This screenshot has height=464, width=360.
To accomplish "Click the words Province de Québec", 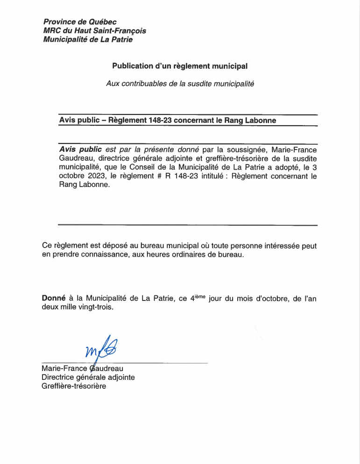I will pyautogui.click(x=80, y=22).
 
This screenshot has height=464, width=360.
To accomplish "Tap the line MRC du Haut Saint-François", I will pyautogui.click(x=94, y=31).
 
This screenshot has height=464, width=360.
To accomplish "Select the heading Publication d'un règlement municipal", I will pyautogui.click(x=180, y=66).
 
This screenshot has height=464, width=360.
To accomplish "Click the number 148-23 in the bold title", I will pyautogui.click(x=160, y=120).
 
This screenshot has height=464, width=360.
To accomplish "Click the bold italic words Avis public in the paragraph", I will pyautogui.click(x=80, y=150).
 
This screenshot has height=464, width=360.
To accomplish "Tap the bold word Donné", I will pyautogui.click(x=54, y=298).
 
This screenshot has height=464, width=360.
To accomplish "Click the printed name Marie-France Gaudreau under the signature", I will pyautogui.click(x=82, y=369).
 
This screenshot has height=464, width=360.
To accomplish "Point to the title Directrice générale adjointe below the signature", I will pyautogui.click(x=88, y=378).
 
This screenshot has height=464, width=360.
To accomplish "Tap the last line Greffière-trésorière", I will pyautogui.click(x=74, y=386).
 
